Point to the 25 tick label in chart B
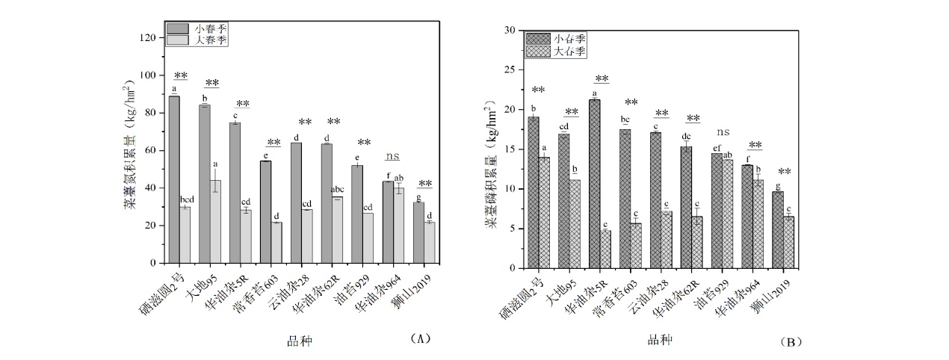(x=512, y=69)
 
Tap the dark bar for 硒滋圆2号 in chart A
(x=174, y=179)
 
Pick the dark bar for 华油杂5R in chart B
(x=594, y=183)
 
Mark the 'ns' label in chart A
(x=392, y=157)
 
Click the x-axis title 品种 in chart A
(x=299, y=341)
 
